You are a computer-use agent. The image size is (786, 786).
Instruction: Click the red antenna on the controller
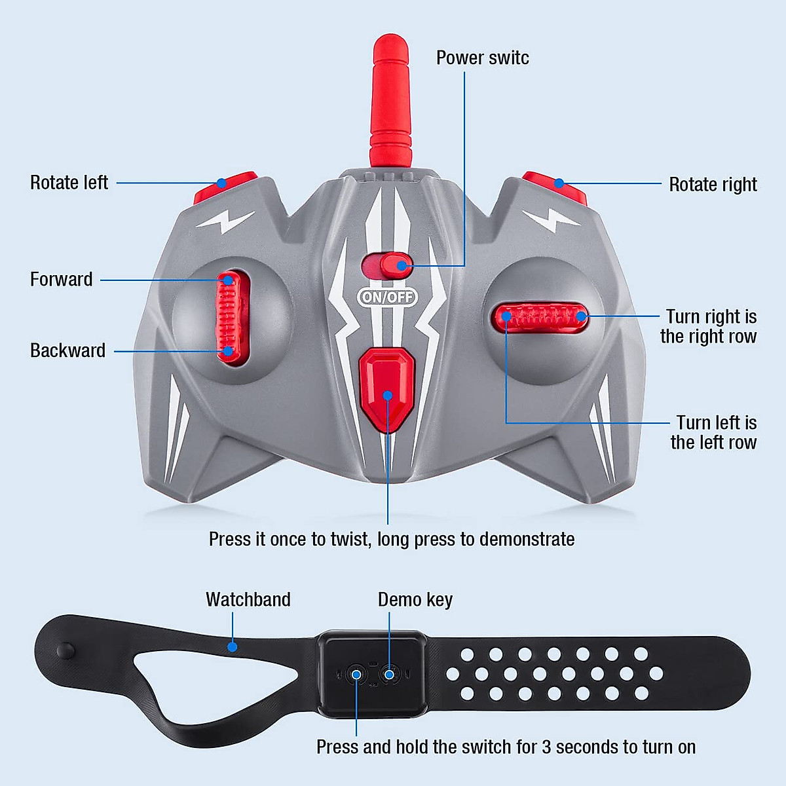389,98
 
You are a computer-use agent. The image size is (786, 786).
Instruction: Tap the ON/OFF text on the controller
388,297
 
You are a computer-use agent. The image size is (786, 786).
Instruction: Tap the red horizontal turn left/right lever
540,318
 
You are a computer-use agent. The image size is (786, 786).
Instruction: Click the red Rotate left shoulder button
226,186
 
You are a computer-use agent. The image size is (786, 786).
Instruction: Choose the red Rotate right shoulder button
555,186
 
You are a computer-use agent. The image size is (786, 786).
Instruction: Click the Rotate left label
69,183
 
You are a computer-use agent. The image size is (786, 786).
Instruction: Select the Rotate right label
713,185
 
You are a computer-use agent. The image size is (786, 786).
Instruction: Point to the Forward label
62,280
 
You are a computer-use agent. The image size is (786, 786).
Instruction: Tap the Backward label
67,350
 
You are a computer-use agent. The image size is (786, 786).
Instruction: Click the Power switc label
482,58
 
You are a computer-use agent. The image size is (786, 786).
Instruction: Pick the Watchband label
248,599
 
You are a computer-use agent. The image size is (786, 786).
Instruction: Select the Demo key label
415,599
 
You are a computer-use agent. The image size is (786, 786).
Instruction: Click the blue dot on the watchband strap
233,646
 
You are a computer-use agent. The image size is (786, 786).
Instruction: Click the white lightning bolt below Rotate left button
226,221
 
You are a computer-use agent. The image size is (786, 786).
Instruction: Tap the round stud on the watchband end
66,651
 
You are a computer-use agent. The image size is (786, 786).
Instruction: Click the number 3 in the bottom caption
546,747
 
